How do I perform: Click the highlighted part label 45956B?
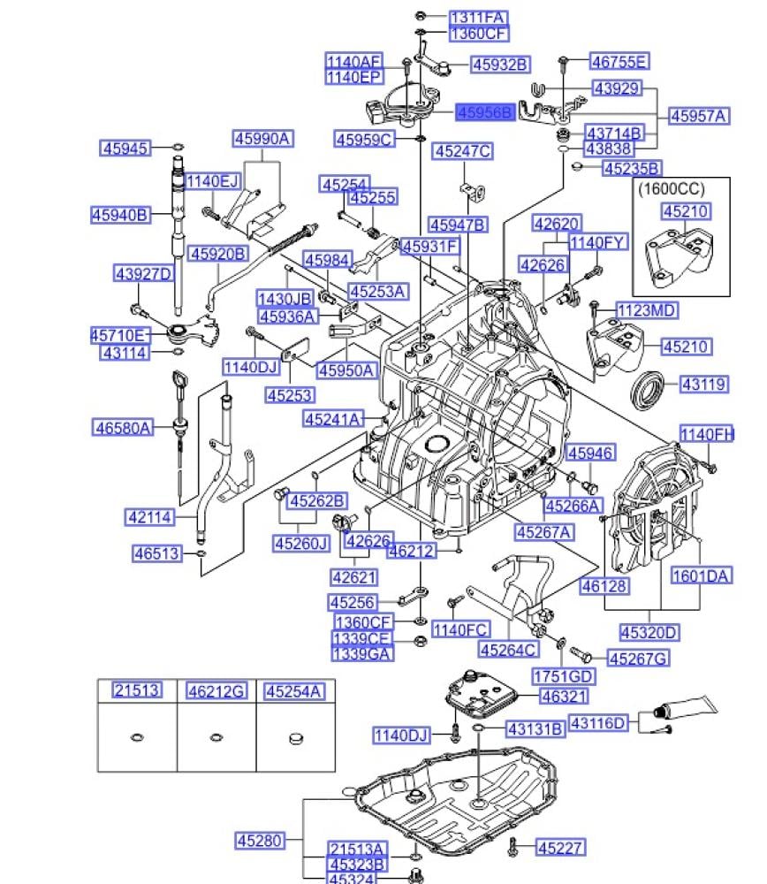485,112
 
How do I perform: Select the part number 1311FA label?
478,17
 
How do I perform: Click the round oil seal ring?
648,386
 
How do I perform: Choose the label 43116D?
597,723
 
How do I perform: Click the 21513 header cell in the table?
137,690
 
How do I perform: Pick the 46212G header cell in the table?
216,690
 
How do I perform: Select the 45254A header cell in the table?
294,690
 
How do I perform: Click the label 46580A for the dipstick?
123,428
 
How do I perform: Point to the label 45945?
125,148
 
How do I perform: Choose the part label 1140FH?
706,433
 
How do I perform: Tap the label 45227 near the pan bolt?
560,848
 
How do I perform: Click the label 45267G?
639,658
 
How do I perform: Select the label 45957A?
697,116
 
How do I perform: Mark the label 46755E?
619,61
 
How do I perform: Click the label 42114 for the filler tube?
150,517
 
